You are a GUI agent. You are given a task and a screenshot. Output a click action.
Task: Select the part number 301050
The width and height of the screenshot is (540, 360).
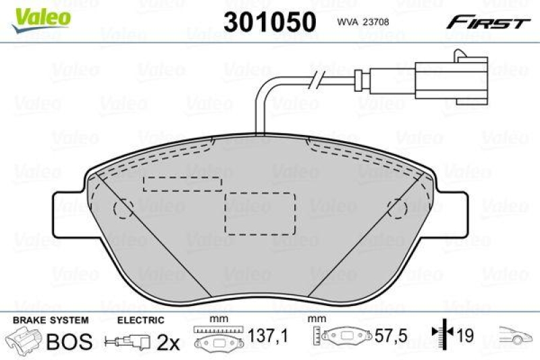(269, 22)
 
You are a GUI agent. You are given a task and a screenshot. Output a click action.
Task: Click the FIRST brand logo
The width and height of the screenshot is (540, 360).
(486, 23)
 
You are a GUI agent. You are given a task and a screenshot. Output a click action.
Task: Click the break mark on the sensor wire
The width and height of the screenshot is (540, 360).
(315, 84)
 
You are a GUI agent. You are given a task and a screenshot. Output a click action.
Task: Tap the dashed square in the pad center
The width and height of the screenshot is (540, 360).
(260, 213)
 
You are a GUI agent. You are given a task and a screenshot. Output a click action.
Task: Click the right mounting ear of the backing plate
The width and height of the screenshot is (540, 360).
(452, 215)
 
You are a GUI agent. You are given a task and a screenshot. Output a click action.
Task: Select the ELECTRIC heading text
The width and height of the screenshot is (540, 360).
(140, 319)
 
